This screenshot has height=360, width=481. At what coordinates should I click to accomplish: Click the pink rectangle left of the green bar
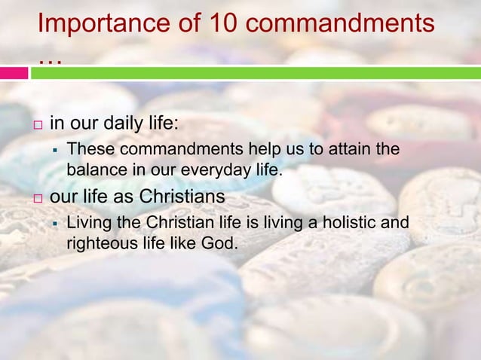(14, 73)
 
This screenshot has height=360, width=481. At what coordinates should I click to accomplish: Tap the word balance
(93, 169)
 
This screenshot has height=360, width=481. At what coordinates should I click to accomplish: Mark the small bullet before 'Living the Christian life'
(57, 224)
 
